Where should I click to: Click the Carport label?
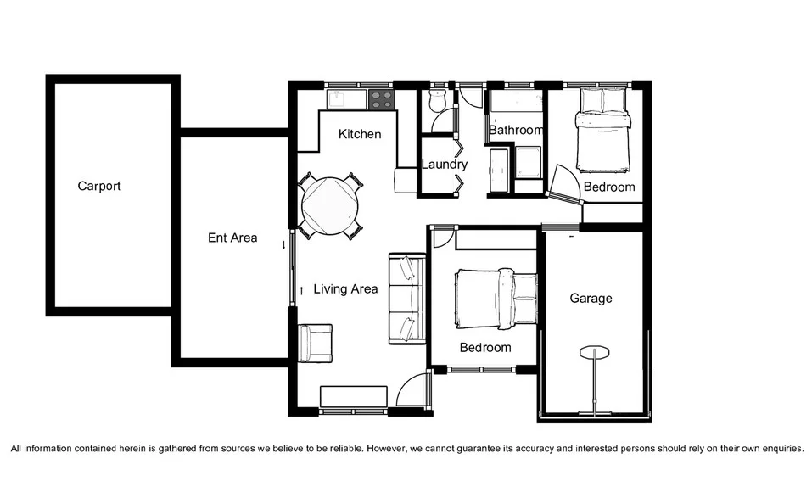(x=99, y=186)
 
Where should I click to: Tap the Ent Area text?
(x=232, y=238)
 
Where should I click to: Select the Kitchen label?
(x=360, y=134)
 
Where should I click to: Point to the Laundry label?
(x=445, y=164)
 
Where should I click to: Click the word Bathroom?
(x=515, y=130)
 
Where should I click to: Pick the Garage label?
(x=591, y=299)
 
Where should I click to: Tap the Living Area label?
(x=345, y=289)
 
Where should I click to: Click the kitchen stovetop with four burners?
(x=381, y=99)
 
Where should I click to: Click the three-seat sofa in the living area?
(x=407, y=299)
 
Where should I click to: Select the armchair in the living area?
(x=316, y=343)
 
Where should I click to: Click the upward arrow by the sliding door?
(x=301, y=291)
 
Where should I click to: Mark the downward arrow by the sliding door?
(x=284, y=245)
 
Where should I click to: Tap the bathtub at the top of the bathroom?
(x=515, y=104)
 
